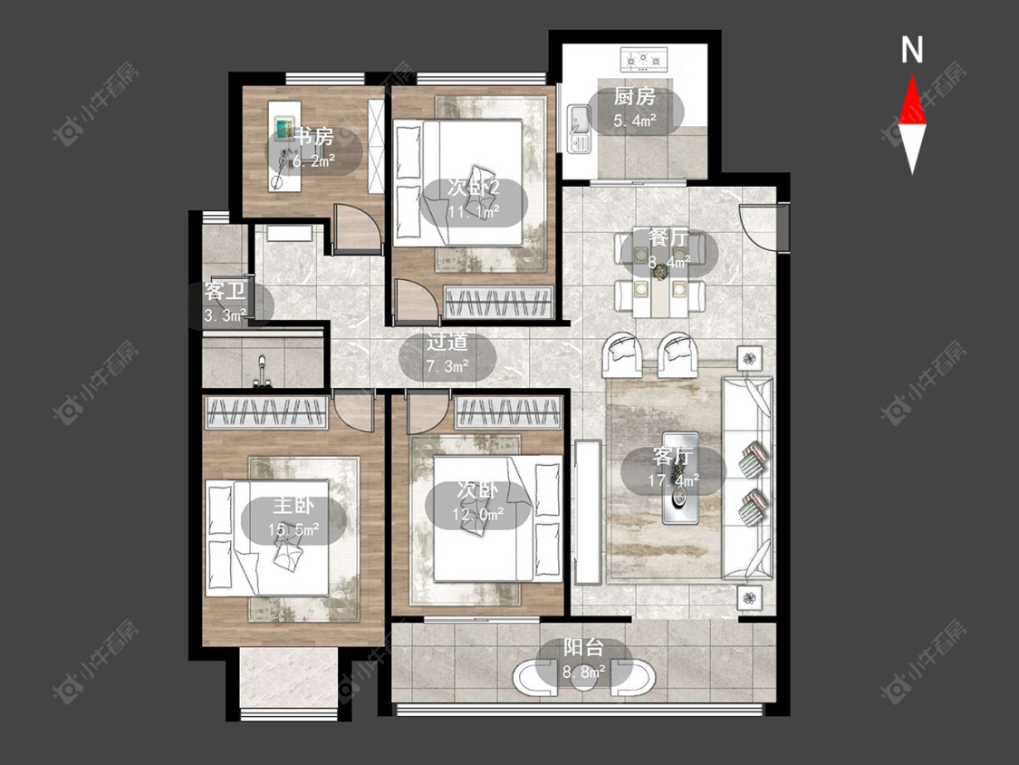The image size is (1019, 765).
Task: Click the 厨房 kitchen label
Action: [634, 97]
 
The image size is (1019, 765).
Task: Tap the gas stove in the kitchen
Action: [643, 59]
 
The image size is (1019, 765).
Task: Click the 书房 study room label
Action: [314, 137]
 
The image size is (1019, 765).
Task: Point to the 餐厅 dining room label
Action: [668, 237]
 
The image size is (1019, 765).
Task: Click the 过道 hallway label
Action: [447, 342]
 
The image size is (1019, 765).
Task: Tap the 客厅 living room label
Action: [673, 456]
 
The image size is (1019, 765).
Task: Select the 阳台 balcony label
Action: [583, 647]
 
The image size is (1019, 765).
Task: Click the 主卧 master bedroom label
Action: [293, 506]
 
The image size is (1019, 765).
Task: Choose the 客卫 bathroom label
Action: [225, 291]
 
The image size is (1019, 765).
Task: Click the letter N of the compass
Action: [912, 50]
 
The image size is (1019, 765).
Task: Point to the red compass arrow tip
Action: [912, 75]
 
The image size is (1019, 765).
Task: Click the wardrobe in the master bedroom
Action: [265, 413]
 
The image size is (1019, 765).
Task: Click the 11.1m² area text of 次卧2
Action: [474, 211]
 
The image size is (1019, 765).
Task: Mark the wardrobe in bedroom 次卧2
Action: [498, 302]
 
